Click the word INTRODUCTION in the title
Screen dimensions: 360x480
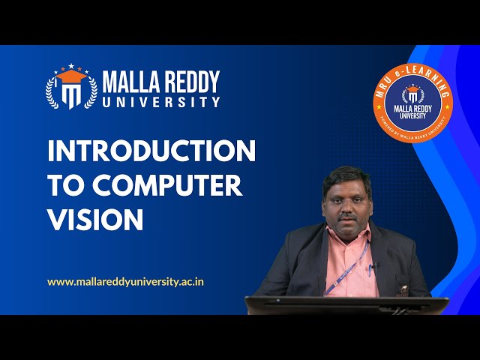[x=151, y=151]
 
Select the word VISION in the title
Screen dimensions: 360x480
[x=95, y=219]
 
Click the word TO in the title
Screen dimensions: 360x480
[x=65, y=185]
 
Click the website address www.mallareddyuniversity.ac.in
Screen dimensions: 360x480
[x=126, y=282]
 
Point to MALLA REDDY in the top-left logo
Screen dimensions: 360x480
[x=160, y=80]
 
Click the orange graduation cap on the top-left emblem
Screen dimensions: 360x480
[x=71, y=76]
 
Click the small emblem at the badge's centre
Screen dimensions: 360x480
[x=413, y=95]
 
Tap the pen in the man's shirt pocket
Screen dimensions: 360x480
[x=370, y=268]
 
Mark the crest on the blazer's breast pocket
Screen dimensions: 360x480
[x=403, y=288]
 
